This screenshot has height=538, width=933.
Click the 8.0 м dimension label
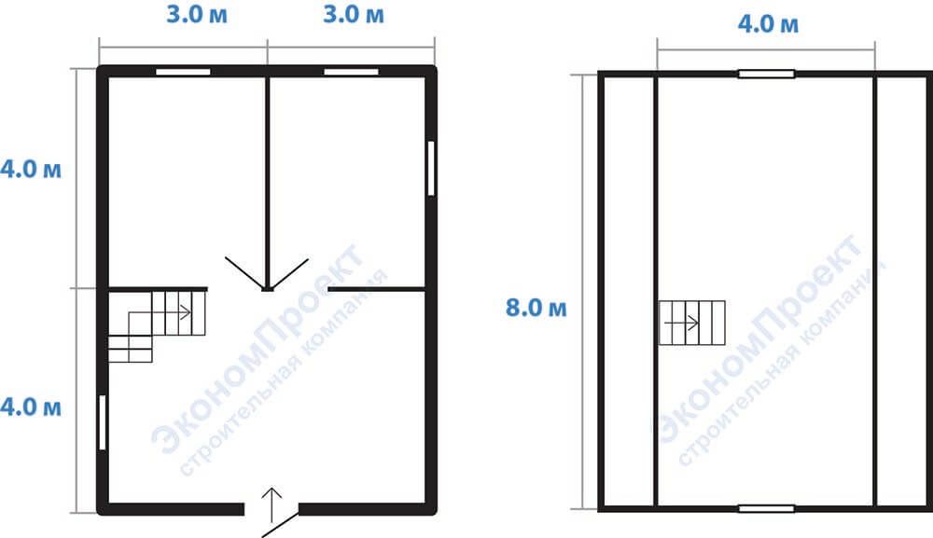click(x=536, y=308)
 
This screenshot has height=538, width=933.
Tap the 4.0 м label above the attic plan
click(x=768, y=24)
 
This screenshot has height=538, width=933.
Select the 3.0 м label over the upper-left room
click(x=196, y=14)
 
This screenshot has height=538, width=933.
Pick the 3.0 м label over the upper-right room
click(x=354, y=14)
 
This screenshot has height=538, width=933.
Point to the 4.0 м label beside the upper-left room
click(x=31, y=169)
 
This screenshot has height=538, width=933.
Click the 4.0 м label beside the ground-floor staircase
click(x=31, y=407)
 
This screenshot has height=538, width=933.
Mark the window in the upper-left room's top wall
click(x=183, y=72)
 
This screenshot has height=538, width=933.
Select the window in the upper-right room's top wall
click(x=351, y=72)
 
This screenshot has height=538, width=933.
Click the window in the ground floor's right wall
click(x=431, y=168)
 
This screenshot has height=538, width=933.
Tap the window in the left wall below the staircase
click(x=103, y=422)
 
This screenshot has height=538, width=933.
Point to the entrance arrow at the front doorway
click(x=272, y=505)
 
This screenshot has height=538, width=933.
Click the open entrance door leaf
click(x=280, y=524)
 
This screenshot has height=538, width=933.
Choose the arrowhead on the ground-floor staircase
click(x=186, y=312)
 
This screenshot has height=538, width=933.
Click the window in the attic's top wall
click(x=766, y=75)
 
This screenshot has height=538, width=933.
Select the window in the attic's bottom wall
click(x=766, y=509)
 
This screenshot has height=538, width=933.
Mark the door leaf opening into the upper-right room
click(x=289, y=274)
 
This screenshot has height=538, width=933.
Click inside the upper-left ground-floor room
click(x=186, y=178)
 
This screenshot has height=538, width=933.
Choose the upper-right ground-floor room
click(x=348, y=178)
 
